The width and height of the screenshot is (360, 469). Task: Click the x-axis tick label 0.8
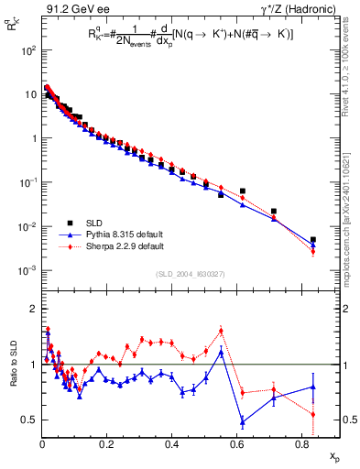[x=302, y=443]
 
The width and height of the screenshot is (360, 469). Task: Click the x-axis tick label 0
[x=42, y=443]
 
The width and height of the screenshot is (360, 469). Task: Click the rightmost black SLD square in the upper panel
[x=313, y=240]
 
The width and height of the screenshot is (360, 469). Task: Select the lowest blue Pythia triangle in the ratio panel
[x=242, y=421]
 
